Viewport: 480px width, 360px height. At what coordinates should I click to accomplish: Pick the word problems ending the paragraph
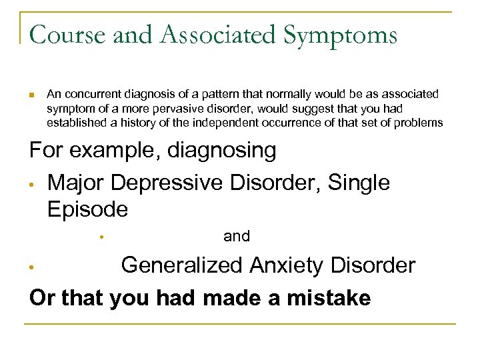[x=419, y=123]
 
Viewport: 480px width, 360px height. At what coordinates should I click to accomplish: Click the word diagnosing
[x=222, y=151]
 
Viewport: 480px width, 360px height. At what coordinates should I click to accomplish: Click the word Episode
[x=87, y=209]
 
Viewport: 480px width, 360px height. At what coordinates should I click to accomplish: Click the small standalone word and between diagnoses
[x=237, y=236]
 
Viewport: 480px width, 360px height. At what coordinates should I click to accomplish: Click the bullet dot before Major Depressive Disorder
[x=32, y=184]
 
